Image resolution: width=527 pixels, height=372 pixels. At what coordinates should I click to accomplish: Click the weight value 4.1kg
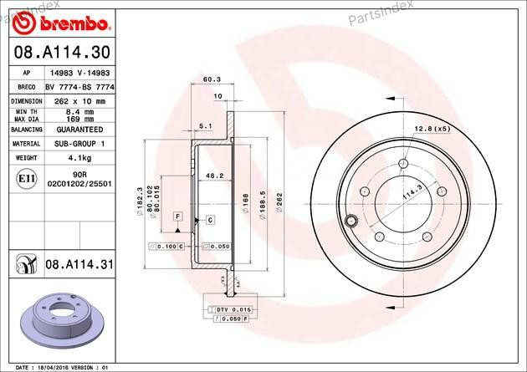[x=79, y=156]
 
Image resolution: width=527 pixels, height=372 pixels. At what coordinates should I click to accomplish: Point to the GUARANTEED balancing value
[x=79, y=130]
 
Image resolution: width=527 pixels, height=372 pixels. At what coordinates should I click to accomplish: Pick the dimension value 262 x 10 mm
[x=79, y=99]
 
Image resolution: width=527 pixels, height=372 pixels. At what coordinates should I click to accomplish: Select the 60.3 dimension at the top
[x=212, y=80]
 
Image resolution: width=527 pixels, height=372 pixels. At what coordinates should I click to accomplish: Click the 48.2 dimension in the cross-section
[x=214, y=176]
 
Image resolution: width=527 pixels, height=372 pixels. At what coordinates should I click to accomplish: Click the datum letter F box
[x=177, y=217]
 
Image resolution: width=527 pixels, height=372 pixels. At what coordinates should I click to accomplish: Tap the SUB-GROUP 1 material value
[x=79, y=144]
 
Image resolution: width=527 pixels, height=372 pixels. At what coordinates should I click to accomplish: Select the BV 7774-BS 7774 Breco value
[x=79, y=86]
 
